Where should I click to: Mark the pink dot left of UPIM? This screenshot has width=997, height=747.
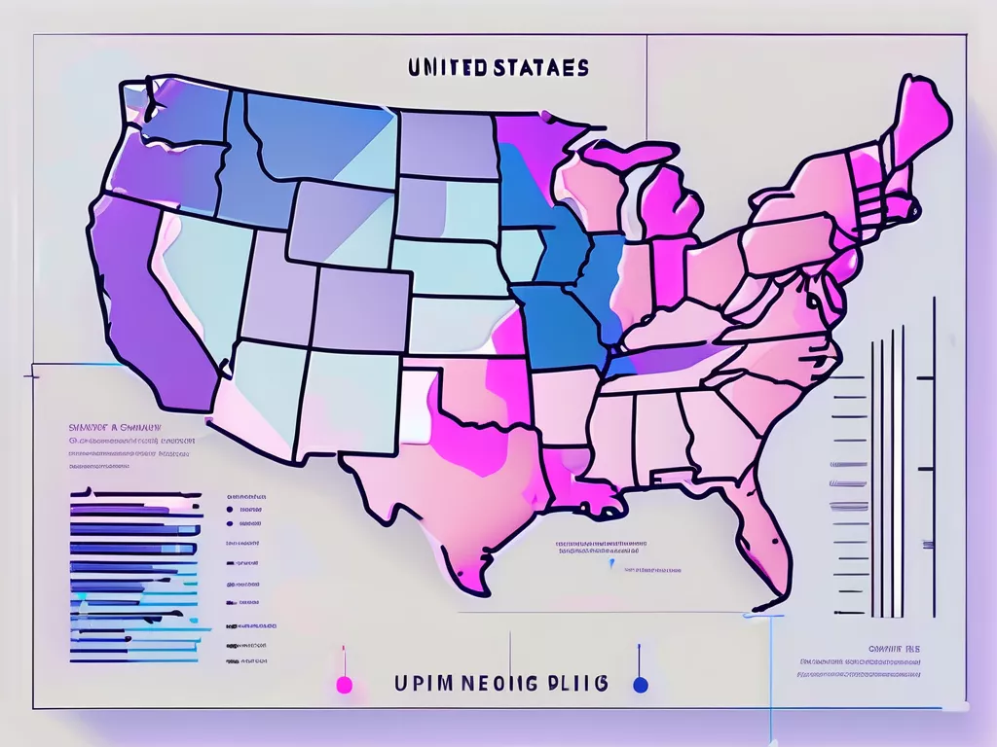click(x=344, y=685)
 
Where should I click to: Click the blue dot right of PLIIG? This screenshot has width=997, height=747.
click(x=640, y=685)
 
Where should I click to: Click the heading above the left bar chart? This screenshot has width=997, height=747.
click(x=108, y=426)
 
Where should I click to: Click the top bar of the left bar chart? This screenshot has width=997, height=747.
click(x=127, y=495)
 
